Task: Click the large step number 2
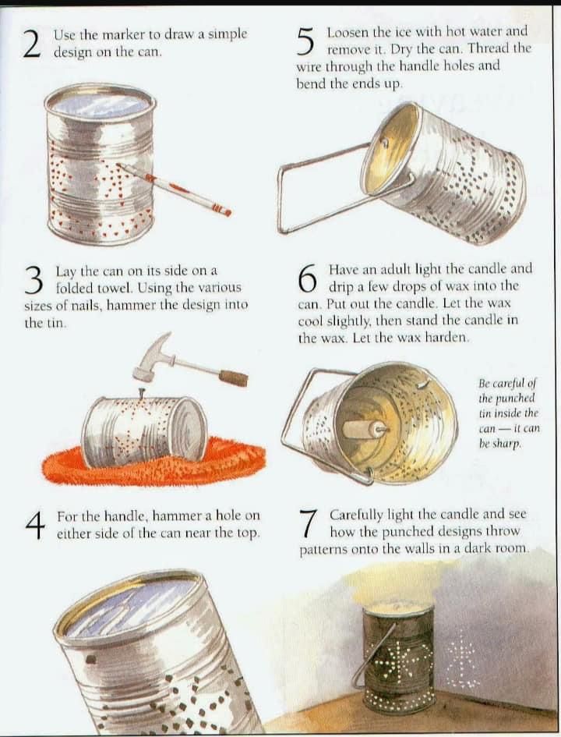[32, 44]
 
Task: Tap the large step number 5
[305, 41]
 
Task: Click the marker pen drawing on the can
[174, 189]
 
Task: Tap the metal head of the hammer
[150, 355]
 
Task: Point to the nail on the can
[139, 394]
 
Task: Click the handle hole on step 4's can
[91, 660]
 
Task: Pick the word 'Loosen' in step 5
[348, 32]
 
